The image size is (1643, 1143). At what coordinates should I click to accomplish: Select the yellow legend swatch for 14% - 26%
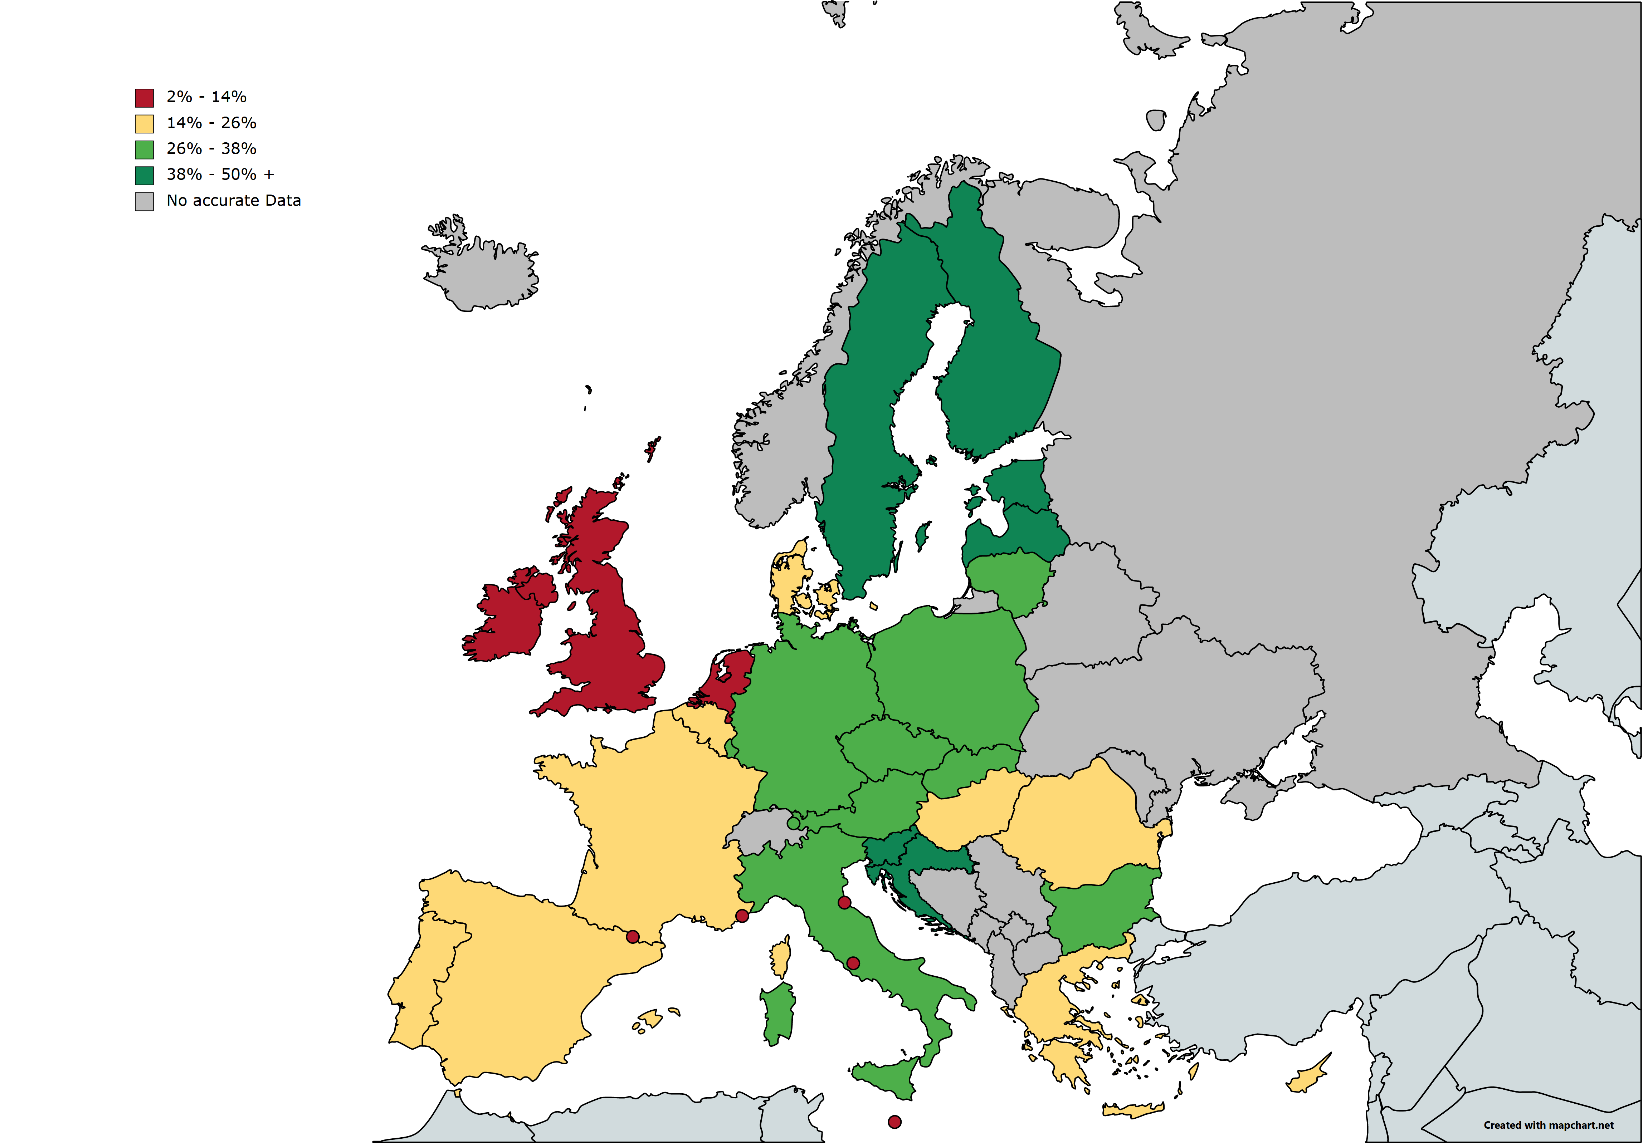(144, 124)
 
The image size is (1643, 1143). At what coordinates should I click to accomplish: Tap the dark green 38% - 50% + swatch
(144, 175)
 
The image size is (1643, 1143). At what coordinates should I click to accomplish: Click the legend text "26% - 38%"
(211, 149)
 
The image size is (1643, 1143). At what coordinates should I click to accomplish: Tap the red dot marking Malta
(894, 1122)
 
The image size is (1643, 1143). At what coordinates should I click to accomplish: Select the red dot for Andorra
(633, 936)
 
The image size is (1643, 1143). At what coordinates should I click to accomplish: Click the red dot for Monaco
(742, 916)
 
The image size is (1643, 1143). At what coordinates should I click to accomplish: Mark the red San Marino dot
(844, 903)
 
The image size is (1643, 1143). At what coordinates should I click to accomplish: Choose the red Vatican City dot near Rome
(853, 963)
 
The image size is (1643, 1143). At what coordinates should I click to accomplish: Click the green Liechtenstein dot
(793, 823)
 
